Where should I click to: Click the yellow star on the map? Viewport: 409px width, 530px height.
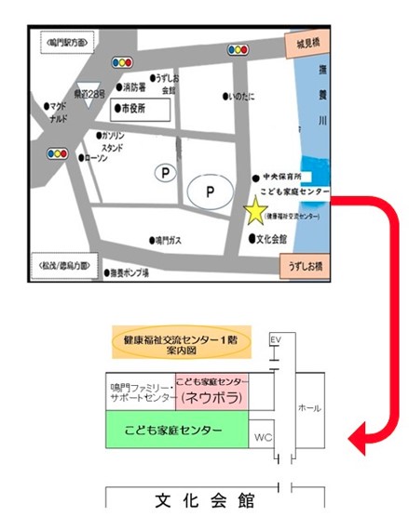(x=254, y=211)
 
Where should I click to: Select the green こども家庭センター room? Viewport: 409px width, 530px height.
(x=175, y=431)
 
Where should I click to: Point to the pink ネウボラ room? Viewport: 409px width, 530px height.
(x=211, y=391)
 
